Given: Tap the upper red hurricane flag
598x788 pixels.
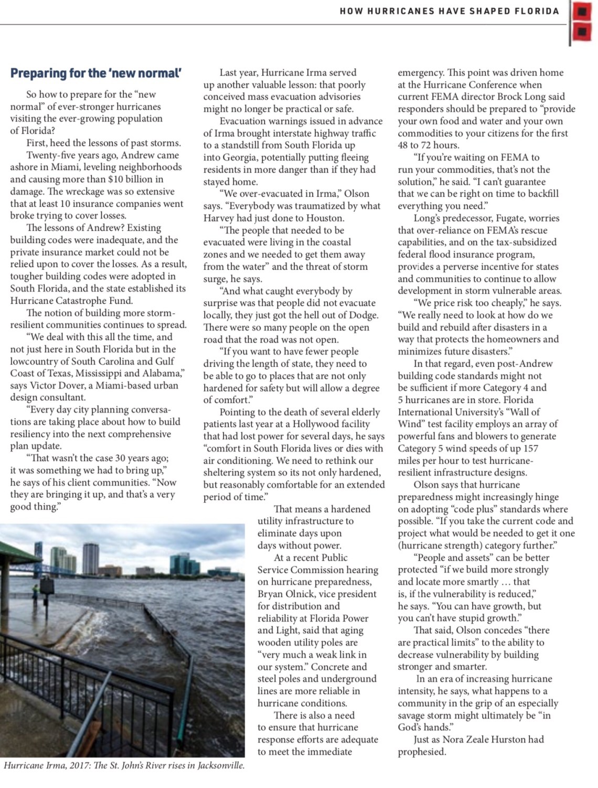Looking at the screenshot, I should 581,11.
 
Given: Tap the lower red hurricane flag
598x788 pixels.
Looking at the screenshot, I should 581,33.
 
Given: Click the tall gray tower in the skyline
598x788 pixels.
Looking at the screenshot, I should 90,559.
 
